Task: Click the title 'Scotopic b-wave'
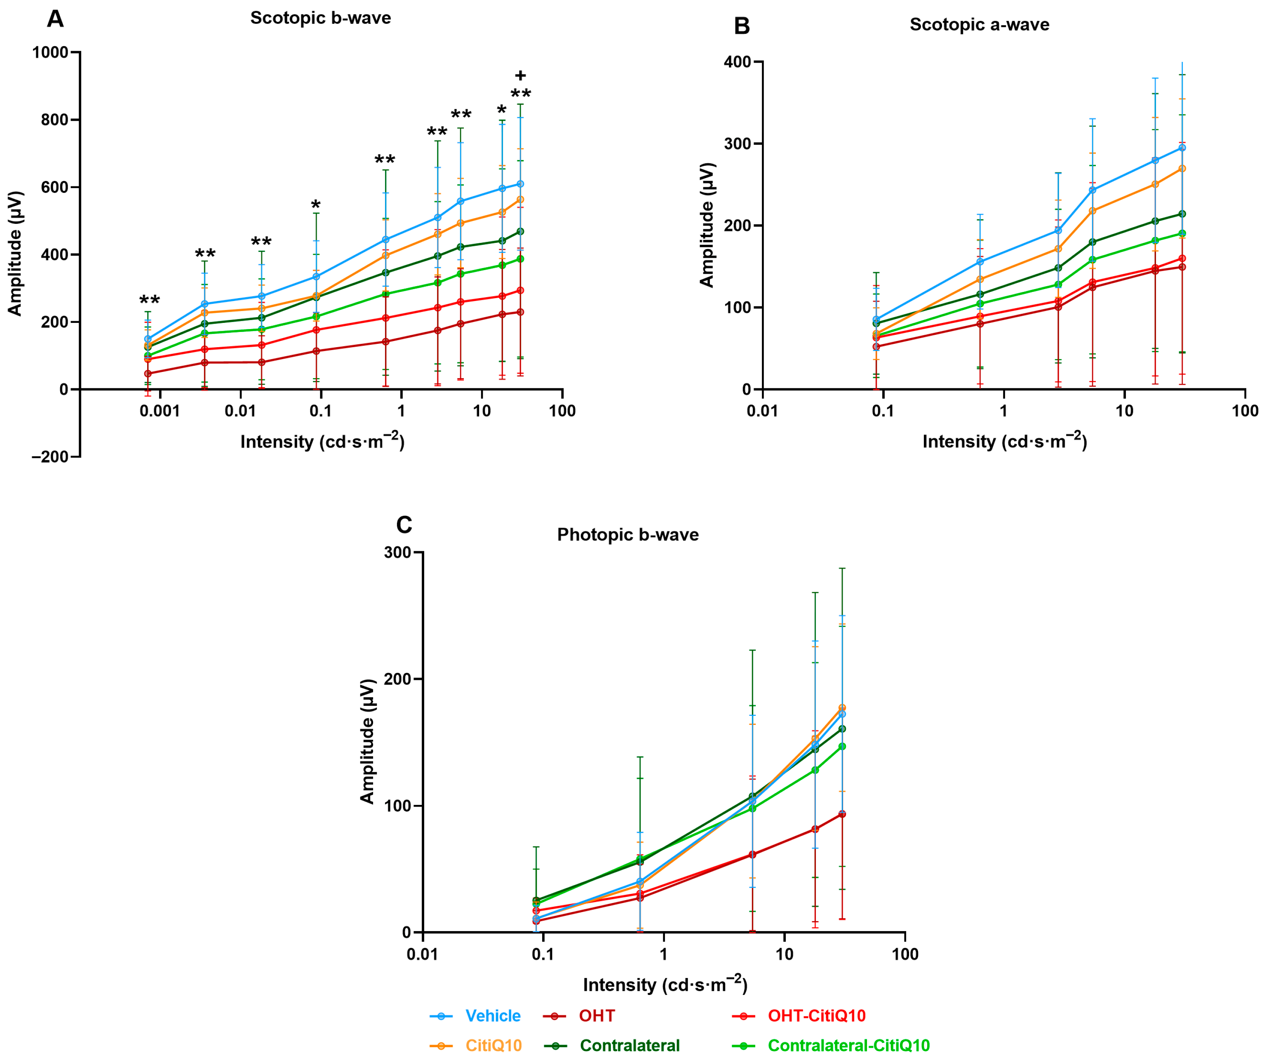pos(320,18)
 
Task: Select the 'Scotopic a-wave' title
pos(979,25)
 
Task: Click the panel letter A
pos(55,19)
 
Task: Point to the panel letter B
pos(742,26)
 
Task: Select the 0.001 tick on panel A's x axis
pos(160,411)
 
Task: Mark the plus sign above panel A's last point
pos(521,75)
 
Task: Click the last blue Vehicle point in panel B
pos(1182,148)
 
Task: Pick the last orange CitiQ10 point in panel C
pos(842,708)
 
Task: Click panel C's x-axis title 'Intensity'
pos(665,985)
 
